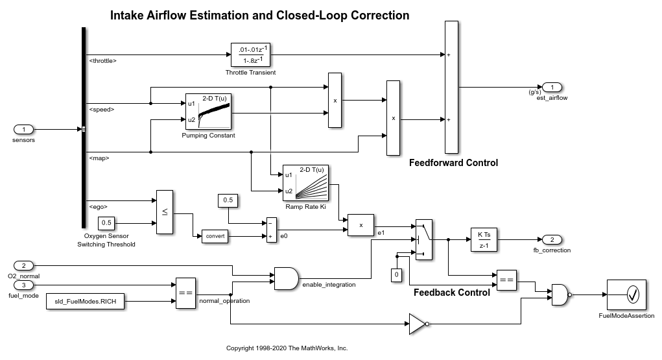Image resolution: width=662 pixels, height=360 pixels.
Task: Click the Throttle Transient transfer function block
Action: [x=250, y=54]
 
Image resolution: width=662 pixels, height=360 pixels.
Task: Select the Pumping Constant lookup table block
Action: [x=209, y=112]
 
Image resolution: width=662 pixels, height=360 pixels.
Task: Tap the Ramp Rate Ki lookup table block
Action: [x=306, y=183]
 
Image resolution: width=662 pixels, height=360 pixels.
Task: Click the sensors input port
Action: [x=24, y=129]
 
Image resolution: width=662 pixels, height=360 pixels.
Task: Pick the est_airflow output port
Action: [x=552, y=87]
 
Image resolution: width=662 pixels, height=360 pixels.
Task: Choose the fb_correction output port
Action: [x=552, y=239]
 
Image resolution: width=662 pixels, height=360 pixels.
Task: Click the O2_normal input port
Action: [x=24, y=265]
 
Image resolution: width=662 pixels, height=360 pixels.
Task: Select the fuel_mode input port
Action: [x=24, y=285]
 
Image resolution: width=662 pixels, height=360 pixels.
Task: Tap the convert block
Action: [x=215, y=236]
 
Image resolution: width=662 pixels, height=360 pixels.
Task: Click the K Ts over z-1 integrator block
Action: [x=484, y=239]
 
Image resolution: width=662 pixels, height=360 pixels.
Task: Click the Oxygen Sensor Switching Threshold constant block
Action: [x=106, y=224]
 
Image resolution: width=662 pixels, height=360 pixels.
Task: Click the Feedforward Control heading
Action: [x=453, y=163]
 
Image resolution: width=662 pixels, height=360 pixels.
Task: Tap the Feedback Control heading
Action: [x=451, y=293]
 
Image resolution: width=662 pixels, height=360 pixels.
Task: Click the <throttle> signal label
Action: [x=102, y=61]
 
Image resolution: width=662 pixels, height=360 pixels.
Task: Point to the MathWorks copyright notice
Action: [x=287, y=348]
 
